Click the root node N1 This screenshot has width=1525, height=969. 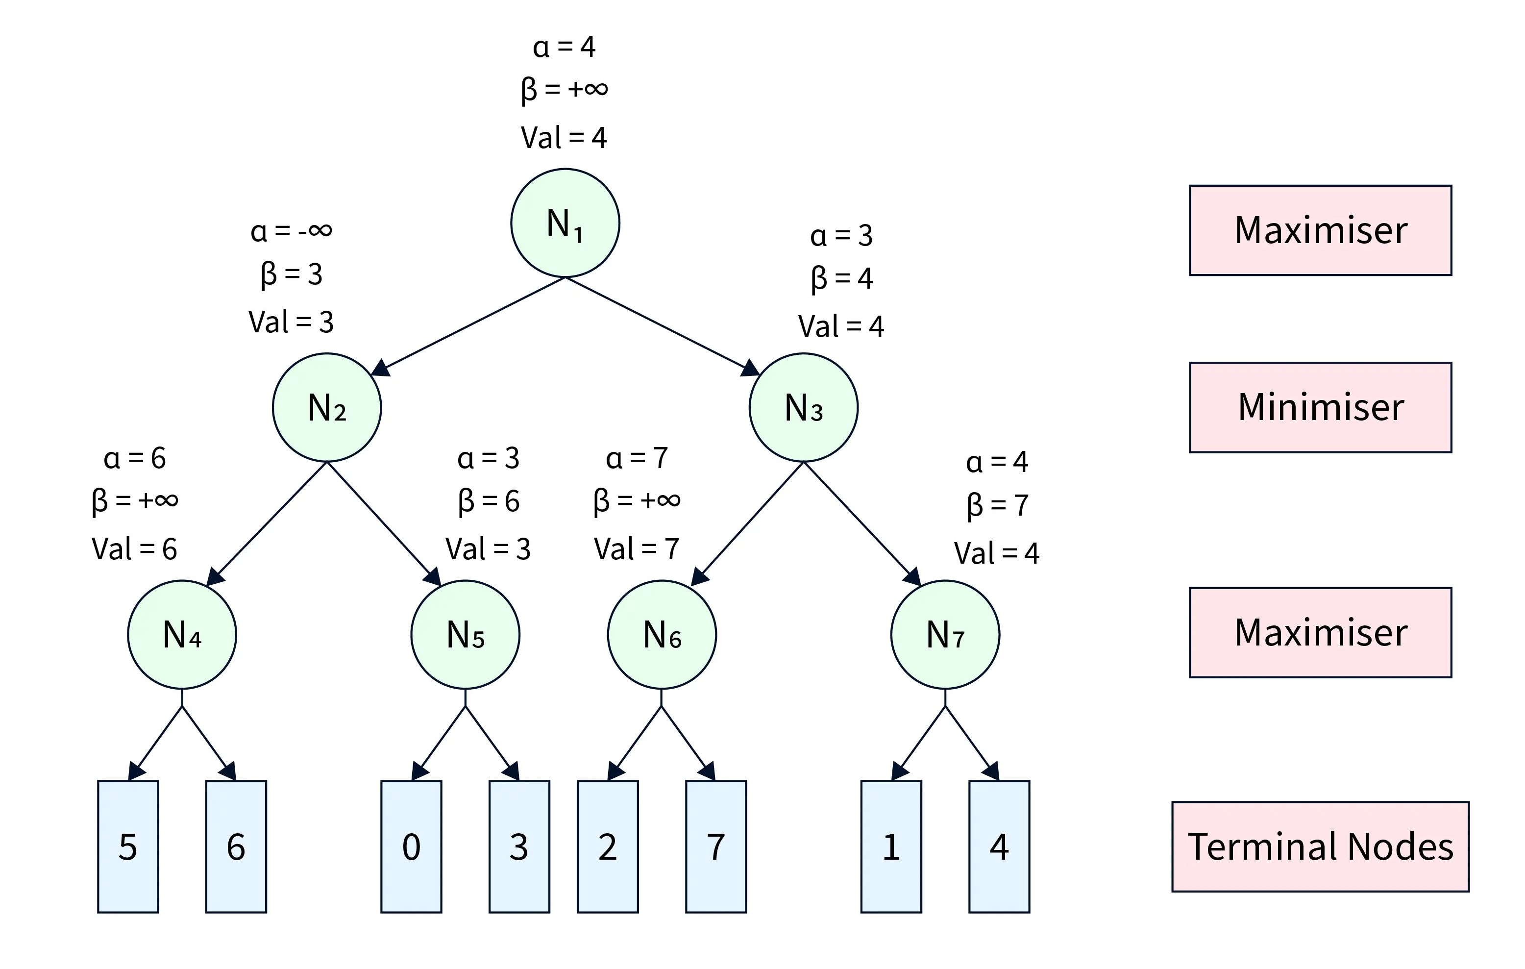(565, 223)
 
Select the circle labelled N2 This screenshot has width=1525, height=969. (327, 407)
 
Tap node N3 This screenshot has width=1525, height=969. (803, 407)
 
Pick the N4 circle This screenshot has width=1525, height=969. (182, 634)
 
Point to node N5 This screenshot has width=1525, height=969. (466, 634)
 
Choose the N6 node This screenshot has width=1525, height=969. (662, 634)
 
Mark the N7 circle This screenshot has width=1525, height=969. (945, 634)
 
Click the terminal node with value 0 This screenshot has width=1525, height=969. (411, 846)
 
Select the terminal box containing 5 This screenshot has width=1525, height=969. (128, 846)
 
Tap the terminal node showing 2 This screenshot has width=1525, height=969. (607, 846)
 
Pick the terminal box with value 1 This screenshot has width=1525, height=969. (891, 846)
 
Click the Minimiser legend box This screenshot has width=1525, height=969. (1321, 407)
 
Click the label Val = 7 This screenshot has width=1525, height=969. (637, 549)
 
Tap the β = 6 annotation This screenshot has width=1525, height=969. (488, 501)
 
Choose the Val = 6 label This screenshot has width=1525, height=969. (134, 549)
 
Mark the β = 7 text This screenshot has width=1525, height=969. (997, 505)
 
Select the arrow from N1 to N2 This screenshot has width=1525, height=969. (468, 325)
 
